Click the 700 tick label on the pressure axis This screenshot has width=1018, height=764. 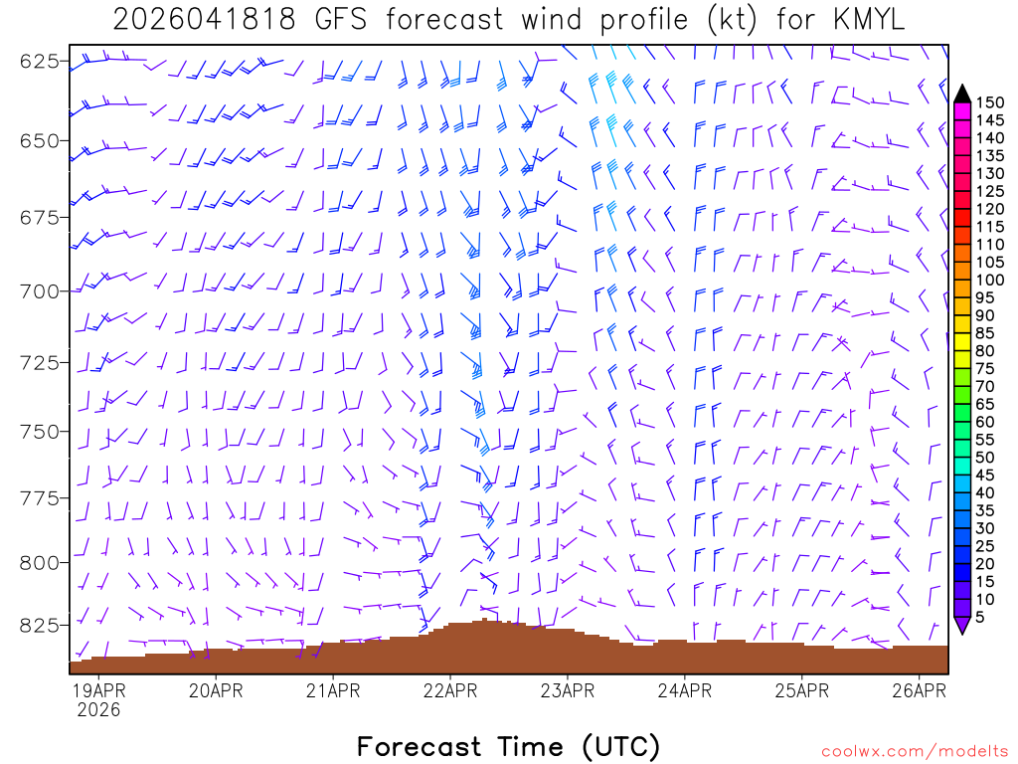click(39, 291)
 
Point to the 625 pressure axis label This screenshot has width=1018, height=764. click(39, 62)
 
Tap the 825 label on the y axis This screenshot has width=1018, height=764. click(39, 626)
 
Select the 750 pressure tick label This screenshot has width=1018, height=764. click(39, 432)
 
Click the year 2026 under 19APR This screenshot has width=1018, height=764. click(97, 710)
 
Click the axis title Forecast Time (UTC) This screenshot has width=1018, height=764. click(508, 746)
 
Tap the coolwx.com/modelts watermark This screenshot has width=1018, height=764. click(914, 750)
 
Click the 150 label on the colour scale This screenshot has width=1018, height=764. click(989, 101)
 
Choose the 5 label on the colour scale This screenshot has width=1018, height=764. click(981, 618)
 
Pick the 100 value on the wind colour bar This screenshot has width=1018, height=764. click(989, 280)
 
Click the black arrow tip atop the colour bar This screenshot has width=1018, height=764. click(962, 94)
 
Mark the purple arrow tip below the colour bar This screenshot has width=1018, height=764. click(962, 626)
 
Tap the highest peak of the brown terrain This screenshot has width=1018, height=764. click(484, 620)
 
